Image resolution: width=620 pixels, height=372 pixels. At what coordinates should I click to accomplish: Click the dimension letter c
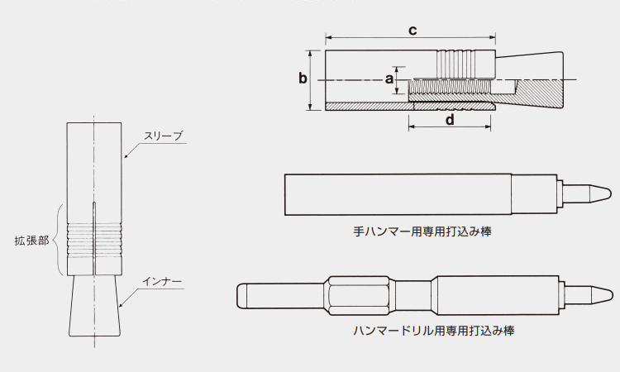413,31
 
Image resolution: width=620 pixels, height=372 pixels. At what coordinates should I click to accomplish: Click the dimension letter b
303,78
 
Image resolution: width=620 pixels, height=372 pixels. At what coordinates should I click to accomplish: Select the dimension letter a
389,79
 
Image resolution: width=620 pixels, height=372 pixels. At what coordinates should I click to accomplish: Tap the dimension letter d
450,119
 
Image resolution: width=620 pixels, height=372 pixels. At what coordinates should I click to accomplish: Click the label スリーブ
164,136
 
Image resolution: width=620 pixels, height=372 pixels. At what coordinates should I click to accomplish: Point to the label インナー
162,281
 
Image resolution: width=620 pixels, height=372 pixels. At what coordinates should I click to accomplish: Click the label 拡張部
31,241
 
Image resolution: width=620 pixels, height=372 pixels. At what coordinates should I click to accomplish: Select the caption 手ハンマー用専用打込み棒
422,231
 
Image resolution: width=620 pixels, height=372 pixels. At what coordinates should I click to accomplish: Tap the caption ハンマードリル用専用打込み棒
434,330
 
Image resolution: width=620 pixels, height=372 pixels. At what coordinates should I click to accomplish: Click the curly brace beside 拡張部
55,240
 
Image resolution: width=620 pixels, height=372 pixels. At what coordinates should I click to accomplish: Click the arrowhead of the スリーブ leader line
125,156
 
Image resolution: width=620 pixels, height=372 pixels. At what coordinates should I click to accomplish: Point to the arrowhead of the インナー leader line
121,305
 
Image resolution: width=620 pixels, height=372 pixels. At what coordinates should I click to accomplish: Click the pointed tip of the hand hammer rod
610,193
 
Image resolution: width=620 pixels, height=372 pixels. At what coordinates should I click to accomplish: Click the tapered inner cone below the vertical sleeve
94,306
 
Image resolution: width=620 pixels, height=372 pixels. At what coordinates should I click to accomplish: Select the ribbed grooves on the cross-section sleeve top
455,64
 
